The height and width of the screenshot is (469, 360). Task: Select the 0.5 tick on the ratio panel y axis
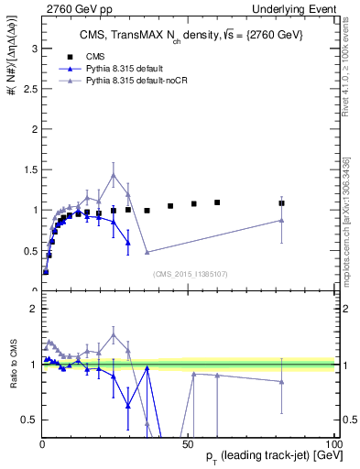[x=28, y=420]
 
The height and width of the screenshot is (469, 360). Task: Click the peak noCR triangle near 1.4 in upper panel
[x=114, y=175]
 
